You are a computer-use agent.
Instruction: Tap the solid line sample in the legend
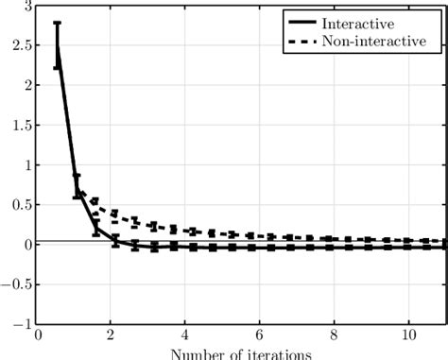point(303,22)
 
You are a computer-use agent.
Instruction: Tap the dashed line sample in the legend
point(303,41)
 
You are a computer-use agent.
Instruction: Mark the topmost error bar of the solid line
point(57,23)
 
